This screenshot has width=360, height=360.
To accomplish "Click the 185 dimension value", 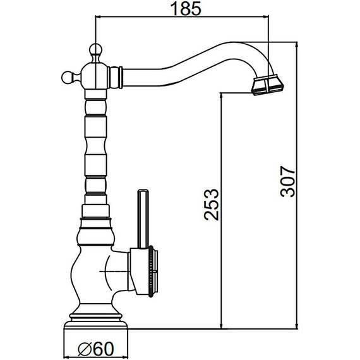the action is coord(186,8).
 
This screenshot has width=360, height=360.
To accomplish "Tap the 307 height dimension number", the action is coord(287,181).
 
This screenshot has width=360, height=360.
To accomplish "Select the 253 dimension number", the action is coord(212,205).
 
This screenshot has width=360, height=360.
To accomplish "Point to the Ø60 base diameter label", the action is coord(96,349).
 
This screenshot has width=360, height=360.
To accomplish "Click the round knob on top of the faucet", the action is coord(95,50).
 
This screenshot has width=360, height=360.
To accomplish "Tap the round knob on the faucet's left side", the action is coord(69,77).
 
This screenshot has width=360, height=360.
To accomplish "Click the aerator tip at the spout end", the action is coord(268,85).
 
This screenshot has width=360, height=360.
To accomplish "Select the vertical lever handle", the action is coord(143,219).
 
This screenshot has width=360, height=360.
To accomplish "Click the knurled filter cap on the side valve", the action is coord(152,272).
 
